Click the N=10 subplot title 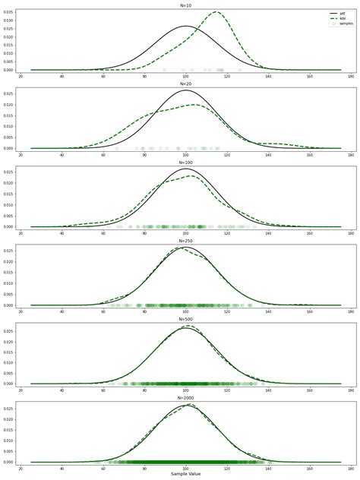(186, 4)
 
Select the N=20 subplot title (186, 83)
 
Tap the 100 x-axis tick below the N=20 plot (186, 154)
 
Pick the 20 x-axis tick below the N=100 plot (21, 233)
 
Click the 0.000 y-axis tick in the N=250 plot (9, 305)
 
